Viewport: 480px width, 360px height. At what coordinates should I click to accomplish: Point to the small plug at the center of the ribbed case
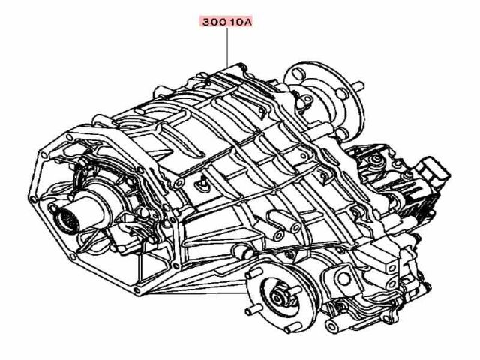(x=203, y=182)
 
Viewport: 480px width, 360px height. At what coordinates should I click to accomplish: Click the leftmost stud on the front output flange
(x=249, y=308)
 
